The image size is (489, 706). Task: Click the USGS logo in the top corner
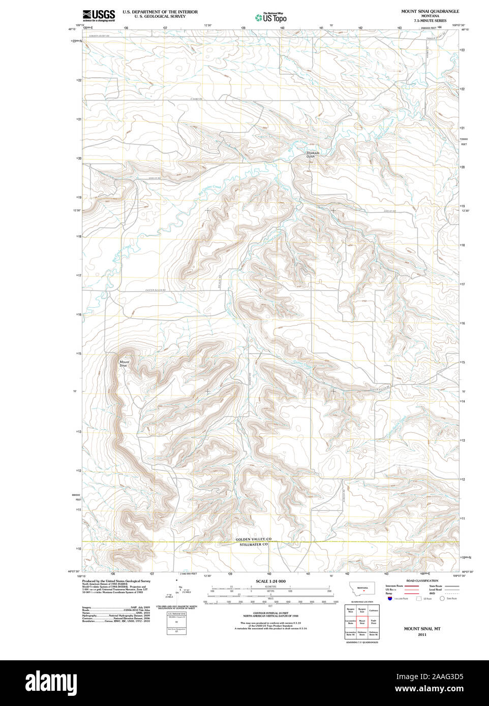pos(99,15)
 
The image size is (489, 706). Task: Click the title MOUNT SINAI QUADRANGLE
pos(430,11)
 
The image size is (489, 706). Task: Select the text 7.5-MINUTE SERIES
pos(430,21)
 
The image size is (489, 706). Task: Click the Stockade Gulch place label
pos(313,154)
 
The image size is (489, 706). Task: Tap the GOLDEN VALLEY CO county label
pos(253,539)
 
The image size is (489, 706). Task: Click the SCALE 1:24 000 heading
pos(270,581)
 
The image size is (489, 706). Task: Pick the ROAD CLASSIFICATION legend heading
pos(422,581)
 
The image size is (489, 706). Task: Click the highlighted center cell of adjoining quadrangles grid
pos(362,622)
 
